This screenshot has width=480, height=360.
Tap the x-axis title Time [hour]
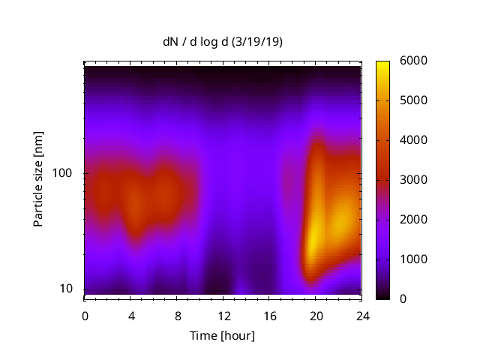pyautogui.click(x=223, y=335)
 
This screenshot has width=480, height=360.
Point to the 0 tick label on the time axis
pyautogui.click(x=85, y=315)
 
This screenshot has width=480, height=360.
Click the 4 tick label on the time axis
pyautogui.click(x=131, y=315)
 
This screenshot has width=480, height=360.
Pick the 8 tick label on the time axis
pyautogui.click(x=177, y=315)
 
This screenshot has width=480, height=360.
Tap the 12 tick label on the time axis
pyautogui.click(x=223, y=315)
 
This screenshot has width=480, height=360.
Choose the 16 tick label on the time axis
pyautogui.click(x=269, y=315)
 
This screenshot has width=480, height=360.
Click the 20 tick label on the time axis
pyautogui.click(x=316, y=315)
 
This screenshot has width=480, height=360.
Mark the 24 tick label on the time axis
pyautogui.click(x=362, y=315)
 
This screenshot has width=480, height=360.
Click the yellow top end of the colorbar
pyautogui.click(x=382, y=64)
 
